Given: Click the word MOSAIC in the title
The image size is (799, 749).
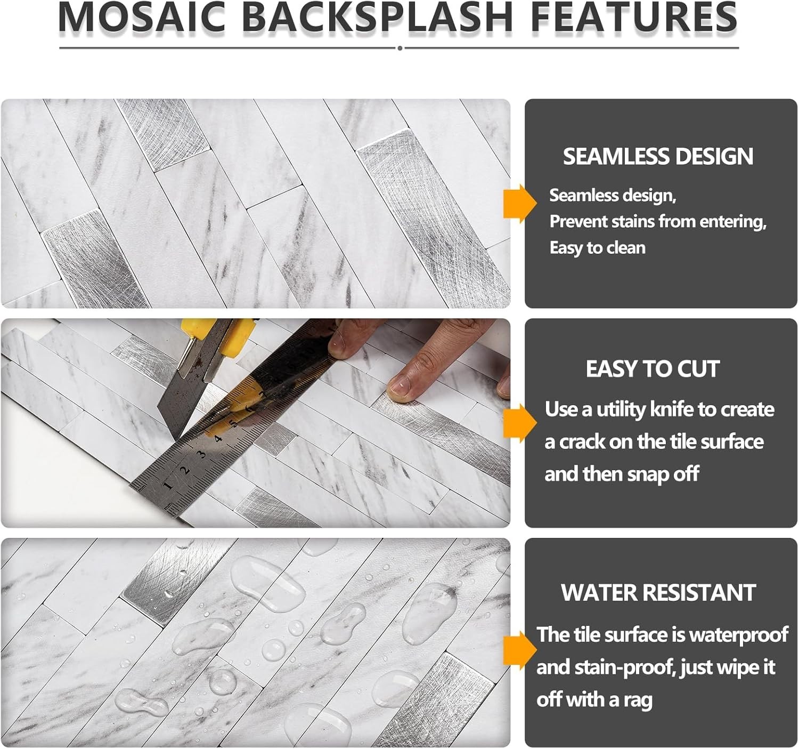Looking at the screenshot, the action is coord(142,17).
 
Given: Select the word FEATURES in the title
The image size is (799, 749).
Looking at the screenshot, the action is coord(634,17).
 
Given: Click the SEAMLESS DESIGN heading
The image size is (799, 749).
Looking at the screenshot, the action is coord(658,156).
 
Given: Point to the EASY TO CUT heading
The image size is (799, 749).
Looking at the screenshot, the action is coord(653,369).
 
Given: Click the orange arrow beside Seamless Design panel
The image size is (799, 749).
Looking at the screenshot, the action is coord(520,204).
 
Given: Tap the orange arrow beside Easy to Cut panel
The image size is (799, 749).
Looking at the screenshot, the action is coord(520,423).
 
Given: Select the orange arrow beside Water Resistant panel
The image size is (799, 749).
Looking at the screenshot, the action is coord(520,651).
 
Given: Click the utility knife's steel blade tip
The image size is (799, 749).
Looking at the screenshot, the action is coord(174,438).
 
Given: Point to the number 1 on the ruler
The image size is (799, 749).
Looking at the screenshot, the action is coord(168,485).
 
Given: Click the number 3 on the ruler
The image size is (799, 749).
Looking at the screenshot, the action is coord(201,454).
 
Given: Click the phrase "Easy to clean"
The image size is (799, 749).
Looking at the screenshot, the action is coord(598,248).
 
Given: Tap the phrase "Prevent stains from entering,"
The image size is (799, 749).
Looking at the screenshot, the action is coord(658,221).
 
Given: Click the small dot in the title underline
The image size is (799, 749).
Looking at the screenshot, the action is coord(399,49).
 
